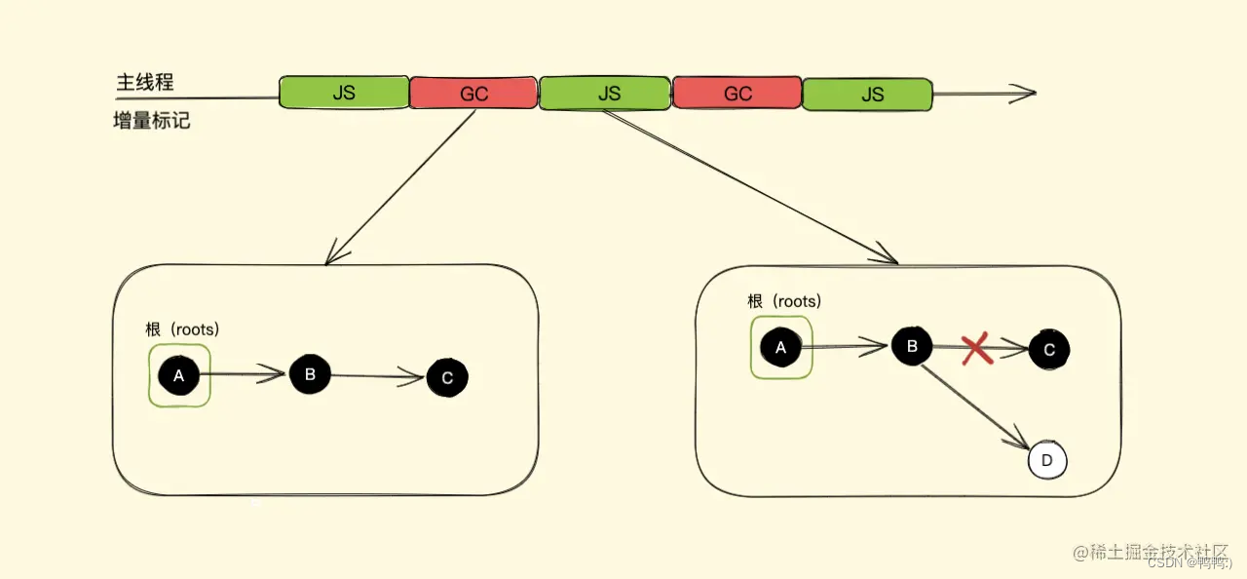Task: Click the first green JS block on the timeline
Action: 343,93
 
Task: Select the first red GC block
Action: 473,94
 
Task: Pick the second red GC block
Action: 737,94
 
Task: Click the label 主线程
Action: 145,83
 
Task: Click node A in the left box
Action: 178,375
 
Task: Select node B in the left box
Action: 310,374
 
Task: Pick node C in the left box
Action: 447,378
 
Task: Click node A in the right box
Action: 781,346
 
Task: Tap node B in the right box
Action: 913,346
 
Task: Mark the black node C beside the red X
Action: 1049,350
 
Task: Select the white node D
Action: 1047,461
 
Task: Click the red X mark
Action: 977,349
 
